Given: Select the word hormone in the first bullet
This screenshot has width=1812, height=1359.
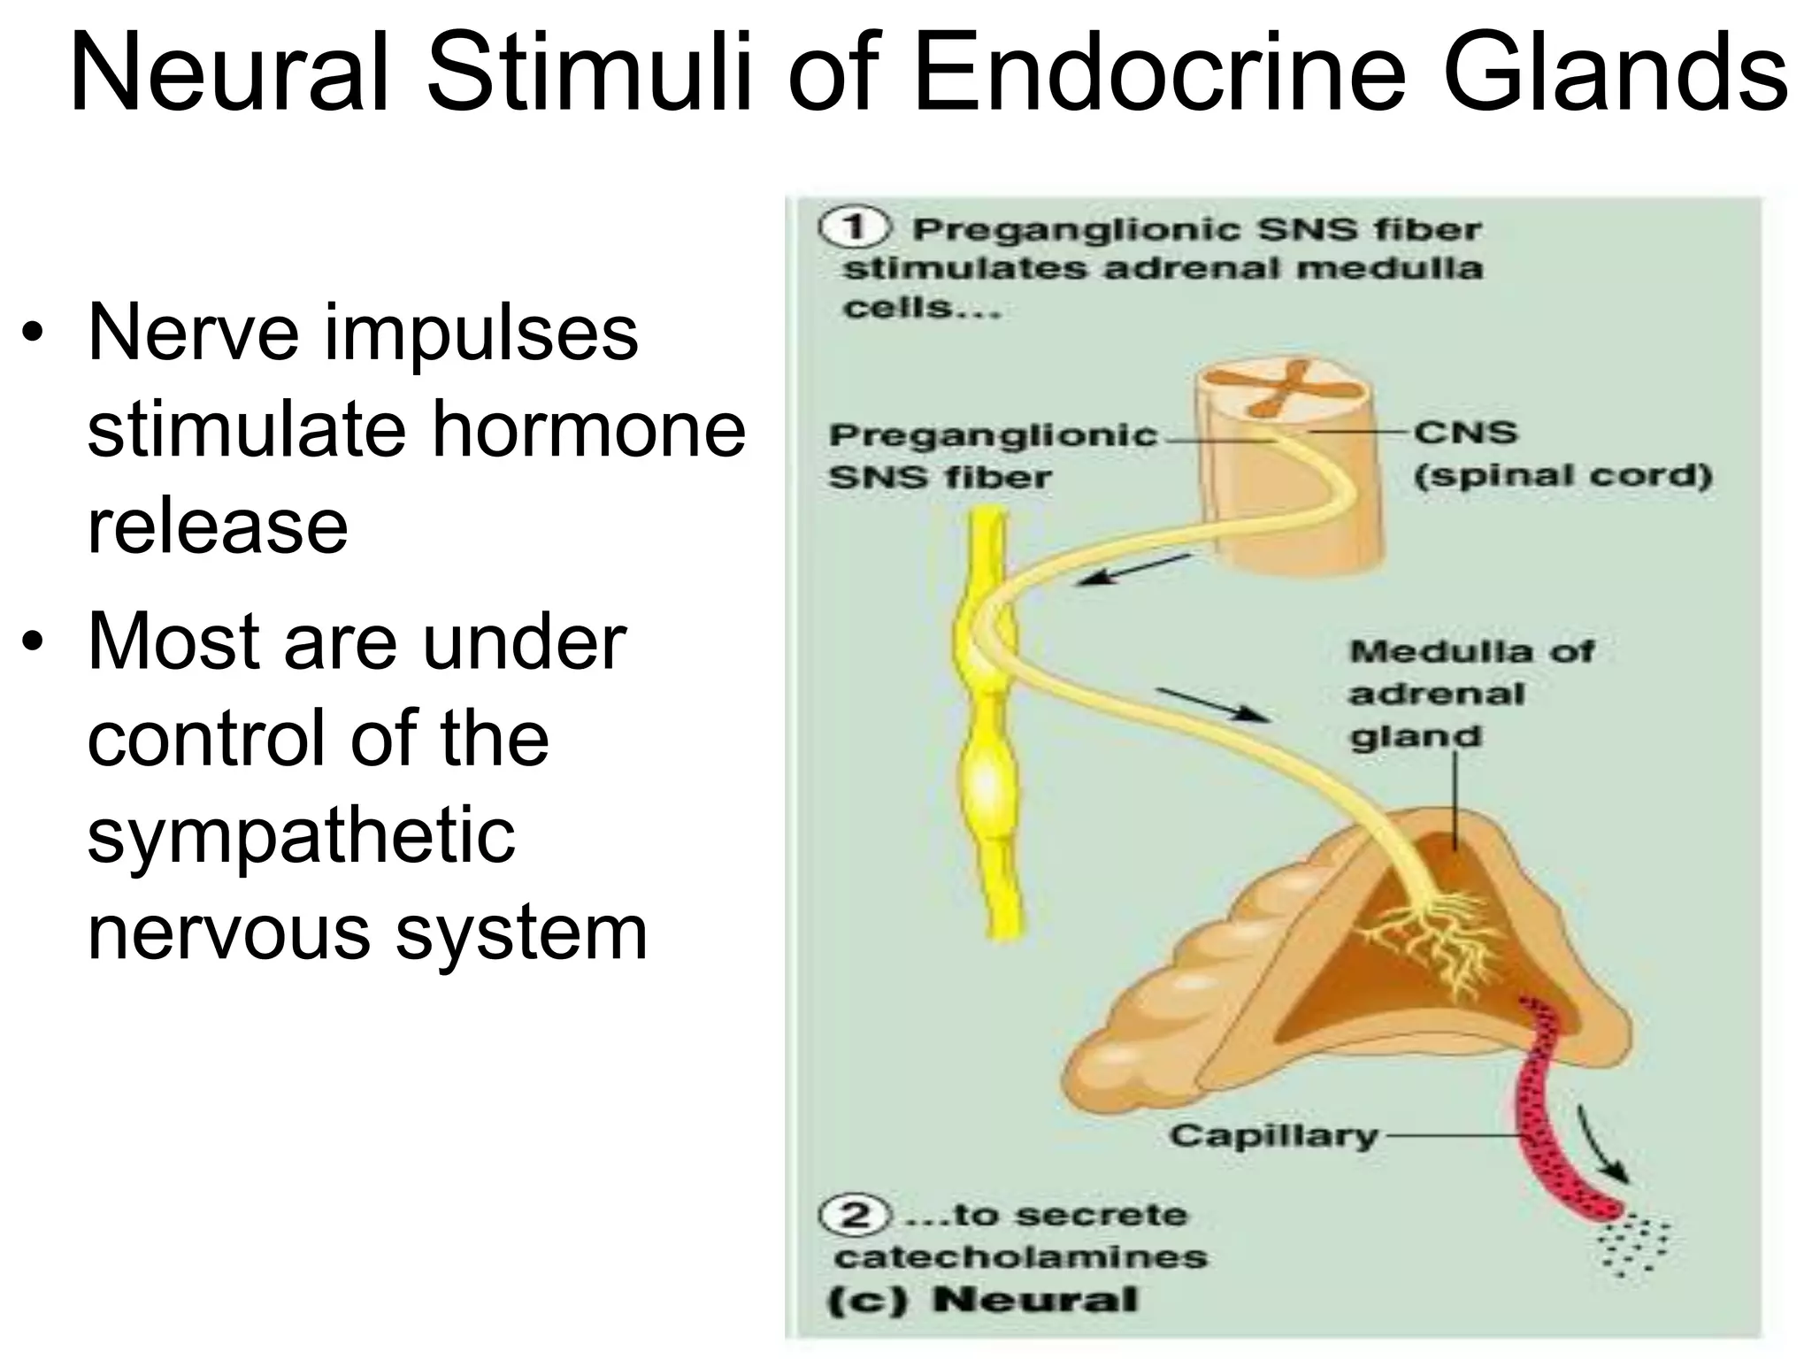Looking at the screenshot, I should pos(588,431).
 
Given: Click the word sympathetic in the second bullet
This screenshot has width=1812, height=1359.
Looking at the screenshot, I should pos(301,836).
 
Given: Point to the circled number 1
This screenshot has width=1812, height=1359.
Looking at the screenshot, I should pos(854,228).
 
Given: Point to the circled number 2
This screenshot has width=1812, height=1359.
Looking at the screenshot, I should pos(854,1215).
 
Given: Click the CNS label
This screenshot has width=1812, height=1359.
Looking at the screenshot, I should pos(1465,433).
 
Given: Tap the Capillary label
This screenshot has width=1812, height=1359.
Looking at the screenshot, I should pos(1273,1135).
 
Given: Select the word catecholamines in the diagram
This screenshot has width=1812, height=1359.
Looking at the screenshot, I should pos(1020,1256).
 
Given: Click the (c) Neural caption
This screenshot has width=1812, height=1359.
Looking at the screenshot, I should pos(982,1300).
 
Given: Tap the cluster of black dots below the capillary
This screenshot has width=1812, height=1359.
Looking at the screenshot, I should pos(1633,1248).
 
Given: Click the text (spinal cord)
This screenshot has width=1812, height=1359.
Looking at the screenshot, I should pos(1562,476).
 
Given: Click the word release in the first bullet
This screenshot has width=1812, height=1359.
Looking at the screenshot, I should pos(218,527).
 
